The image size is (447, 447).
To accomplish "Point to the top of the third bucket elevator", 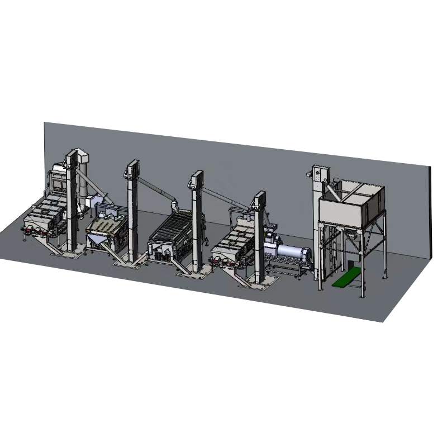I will [x=196, y=178].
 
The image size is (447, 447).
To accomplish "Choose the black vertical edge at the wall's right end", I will [x=431, y=212].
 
